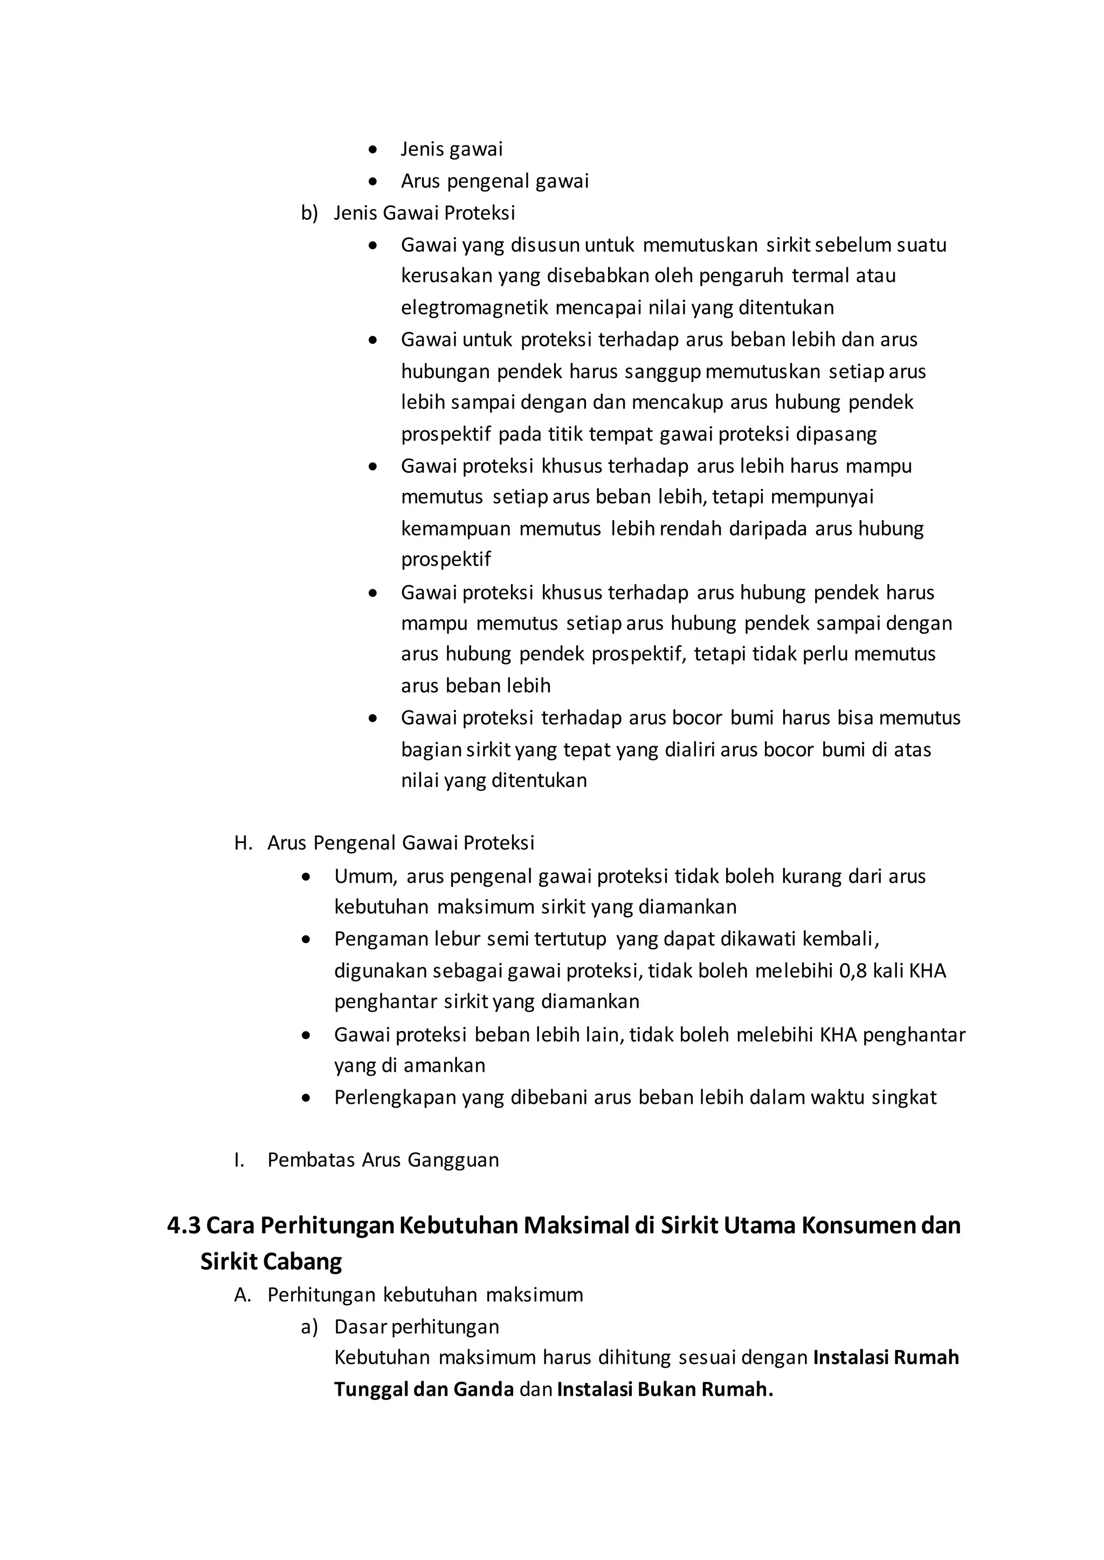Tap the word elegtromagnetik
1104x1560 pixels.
pyautogui.click(x=474, y=308)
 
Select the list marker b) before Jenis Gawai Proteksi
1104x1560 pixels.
pyautogui.click(x=309, y=213)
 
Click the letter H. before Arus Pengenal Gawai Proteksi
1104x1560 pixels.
pyautogui.click(x=243, y=843)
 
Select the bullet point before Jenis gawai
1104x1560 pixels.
pyautogui.click(x=372, y=149)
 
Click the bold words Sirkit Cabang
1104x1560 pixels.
pyautogui.click(x=271, y=1262)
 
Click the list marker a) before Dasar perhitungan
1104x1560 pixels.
pyautogui.click(x=309, y=1326)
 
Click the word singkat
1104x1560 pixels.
pyautogui.click(x=903, y=1097)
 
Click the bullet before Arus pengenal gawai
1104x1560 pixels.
pyautogui.click(x=372, y=182)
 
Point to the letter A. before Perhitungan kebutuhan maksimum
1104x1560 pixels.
pyautogui.click(x=243, y=1294)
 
